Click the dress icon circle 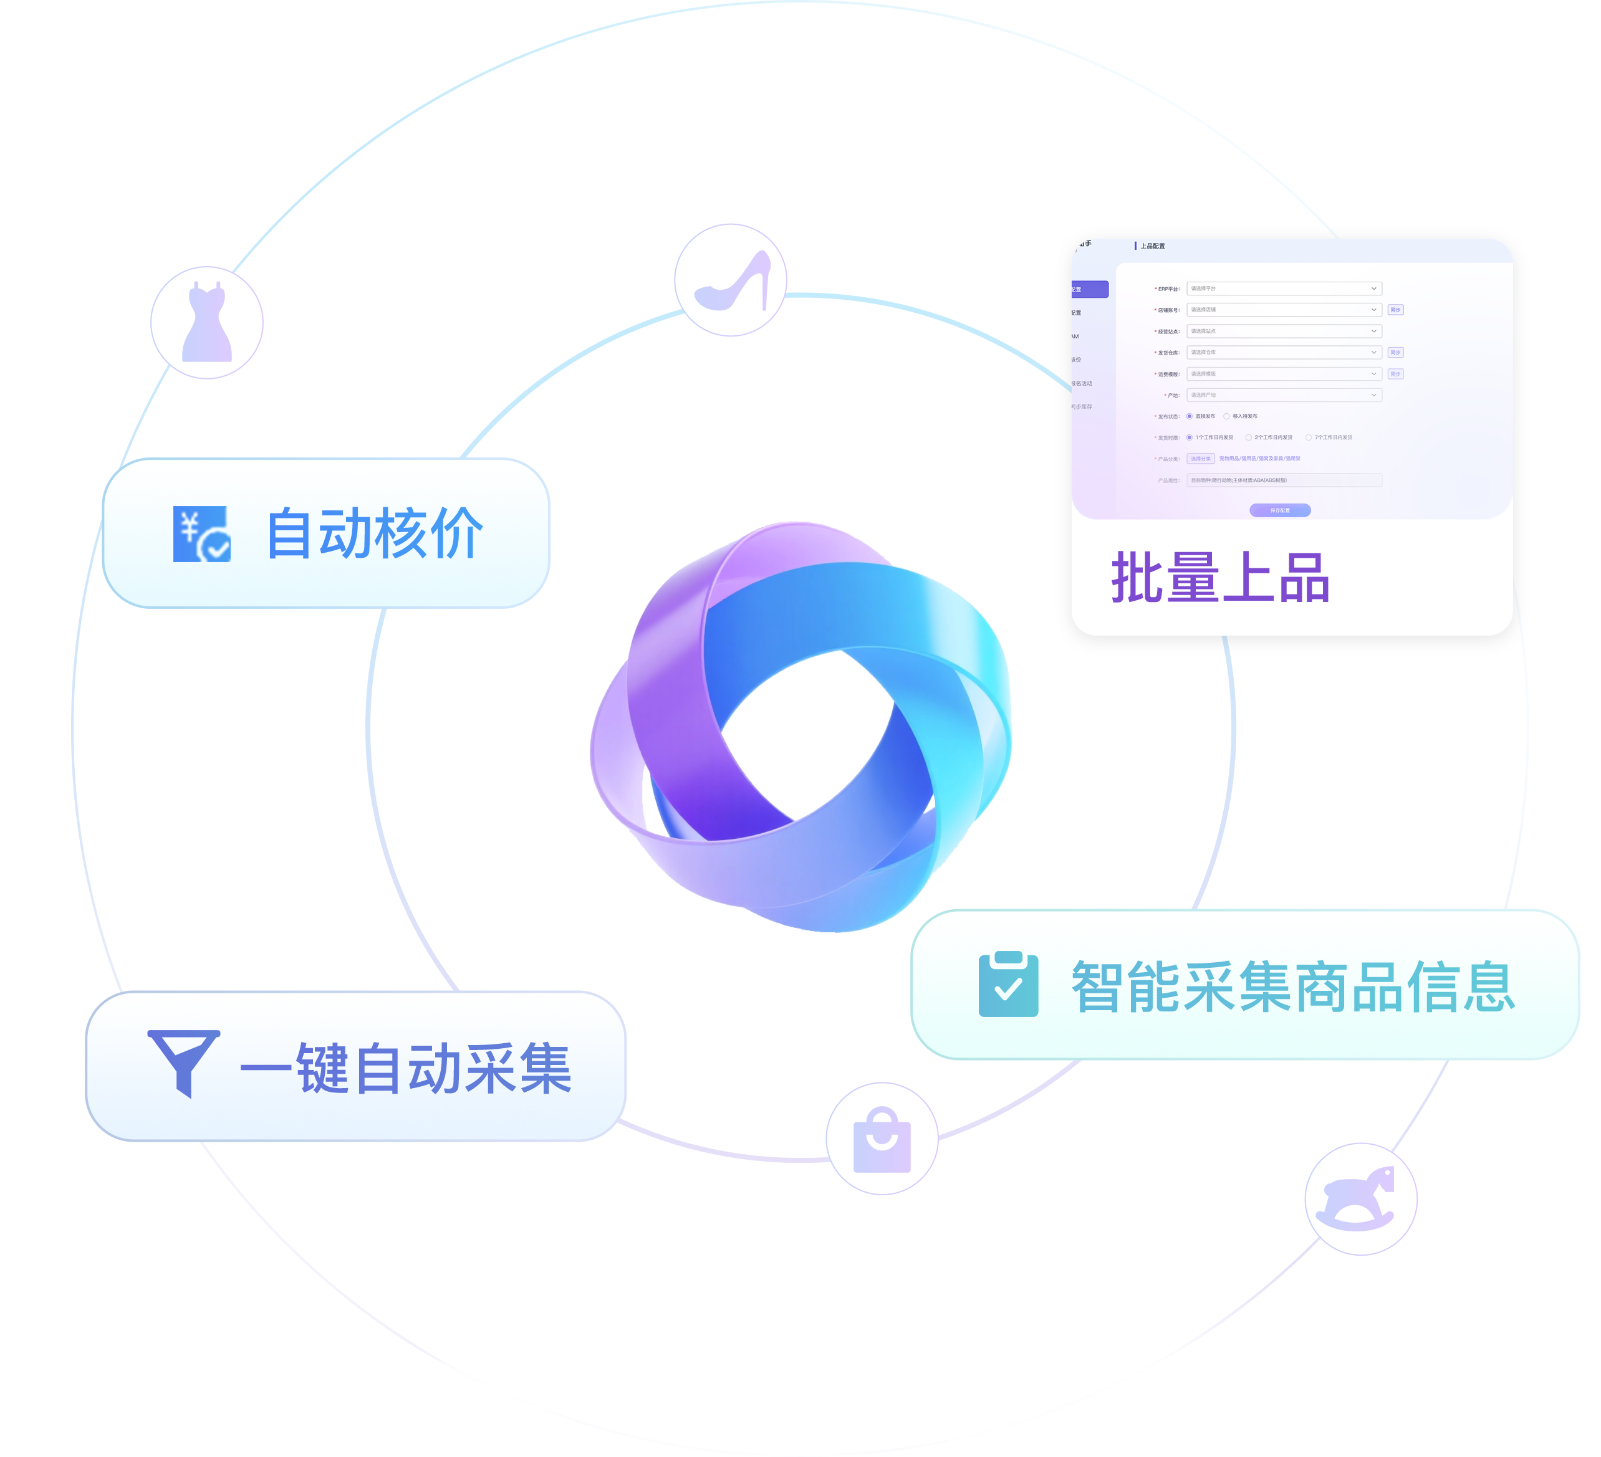click(206, 322)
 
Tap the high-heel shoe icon click(731, 280)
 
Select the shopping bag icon click(882, 1138)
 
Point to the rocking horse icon click(1360, 1199)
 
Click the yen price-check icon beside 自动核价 click(202, 533)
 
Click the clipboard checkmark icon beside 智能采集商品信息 click(1007, 985)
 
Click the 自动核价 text click(374, 533)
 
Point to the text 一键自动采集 click(406, 1069)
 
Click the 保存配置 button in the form click(1279, 510)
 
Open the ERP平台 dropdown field click(1283, 289)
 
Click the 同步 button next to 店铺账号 click(1395, 310)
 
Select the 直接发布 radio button click(1190, 416)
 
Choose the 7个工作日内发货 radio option click(1309, 437)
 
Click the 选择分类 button click(1200, 459)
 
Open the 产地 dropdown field click(1283, 394)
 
